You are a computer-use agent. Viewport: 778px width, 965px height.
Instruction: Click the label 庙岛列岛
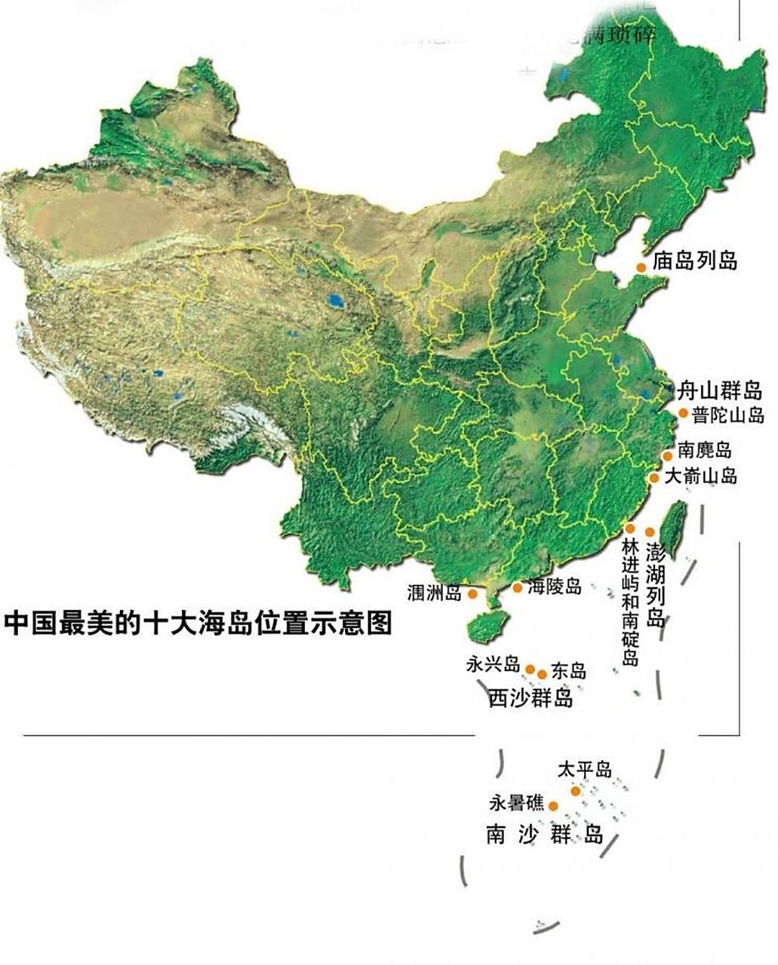click(x=696, y=262)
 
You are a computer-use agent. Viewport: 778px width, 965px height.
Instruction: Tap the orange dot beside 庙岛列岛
click(x=641, y=268)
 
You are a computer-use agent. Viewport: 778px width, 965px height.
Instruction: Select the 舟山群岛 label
click(x=719, y=391)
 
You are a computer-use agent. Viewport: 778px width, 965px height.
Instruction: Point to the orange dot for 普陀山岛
click(x=683, y=413)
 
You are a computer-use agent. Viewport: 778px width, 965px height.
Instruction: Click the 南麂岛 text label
click(x=704, y=451)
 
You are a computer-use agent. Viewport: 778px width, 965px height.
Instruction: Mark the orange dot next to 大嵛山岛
click(x=655, y=477)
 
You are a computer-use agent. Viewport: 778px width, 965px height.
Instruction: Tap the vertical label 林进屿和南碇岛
click(x=631, y=602)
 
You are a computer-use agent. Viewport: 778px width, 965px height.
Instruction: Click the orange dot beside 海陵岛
click(x=518, y=587)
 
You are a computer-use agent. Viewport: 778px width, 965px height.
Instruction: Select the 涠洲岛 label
click(x=434, y=593)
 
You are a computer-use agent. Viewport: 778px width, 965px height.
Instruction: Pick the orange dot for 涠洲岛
click(x=473, y=594)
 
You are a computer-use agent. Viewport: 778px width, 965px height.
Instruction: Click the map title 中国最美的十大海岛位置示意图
click(x=198, y=623)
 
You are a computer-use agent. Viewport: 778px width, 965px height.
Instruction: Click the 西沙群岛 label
click(x=530, y=698)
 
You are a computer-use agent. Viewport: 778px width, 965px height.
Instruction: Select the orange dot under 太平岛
click(x=576, y=791)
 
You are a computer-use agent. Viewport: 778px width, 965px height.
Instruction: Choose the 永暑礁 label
click(x=516, y=804)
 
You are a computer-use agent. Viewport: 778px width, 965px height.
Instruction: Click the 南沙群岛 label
click(x=544, y=835)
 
